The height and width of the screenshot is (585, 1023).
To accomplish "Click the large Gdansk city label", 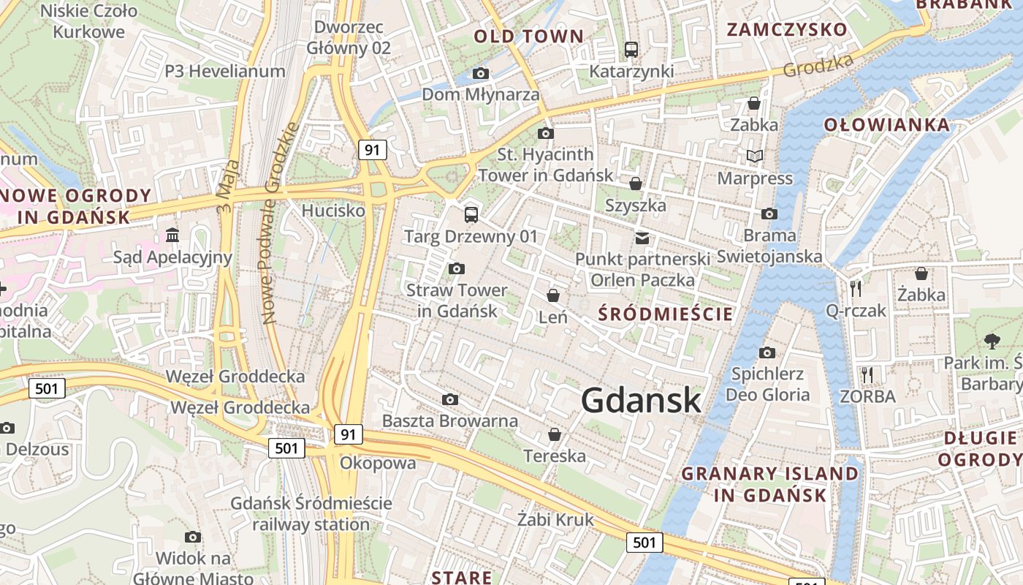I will coord(641,400).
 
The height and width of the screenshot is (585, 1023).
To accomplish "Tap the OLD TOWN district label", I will coord(529,36).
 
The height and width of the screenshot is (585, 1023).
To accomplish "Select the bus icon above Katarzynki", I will coord(631,50).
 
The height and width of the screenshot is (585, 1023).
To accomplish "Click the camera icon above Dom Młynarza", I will coord(481,73).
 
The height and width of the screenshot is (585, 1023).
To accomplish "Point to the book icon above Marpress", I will coord(754,156).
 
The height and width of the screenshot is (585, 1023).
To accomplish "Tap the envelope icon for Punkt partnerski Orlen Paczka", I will coord(642,238).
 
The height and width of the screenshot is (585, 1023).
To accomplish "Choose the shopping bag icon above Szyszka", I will coord(636,184).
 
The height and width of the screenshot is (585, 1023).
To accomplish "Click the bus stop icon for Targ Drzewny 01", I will coord(471,215).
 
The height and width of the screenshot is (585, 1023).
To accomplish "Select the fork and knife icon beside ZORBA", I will coord(867,375).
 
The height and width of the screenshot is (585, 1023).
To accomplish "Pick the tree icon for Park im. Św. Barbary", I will coord(992,340).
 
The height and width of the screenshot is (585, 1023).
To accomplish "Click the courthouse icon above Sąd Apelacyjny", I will coord(173,235).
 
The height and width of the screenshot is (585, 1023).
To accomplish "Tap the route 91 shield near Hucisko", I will coord(373,150).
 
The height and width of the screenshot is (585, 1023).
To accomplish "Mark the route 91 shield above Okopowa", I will coord(349,434).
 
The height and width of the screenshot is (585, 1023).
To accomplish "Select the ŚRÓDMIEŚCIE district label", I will coord(665,314).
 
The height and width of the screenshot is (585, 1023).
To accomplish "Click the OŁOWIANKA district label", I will coord(887,125).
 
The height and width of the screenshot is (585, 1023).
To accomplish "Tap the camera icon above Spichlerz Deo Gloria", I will coord(767,353).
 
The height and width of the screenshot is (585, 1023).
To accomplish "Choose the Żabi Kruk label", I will coord(555,520).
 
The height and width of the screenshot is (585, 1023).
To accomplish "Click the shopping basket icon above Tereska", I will coord(555,434).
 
